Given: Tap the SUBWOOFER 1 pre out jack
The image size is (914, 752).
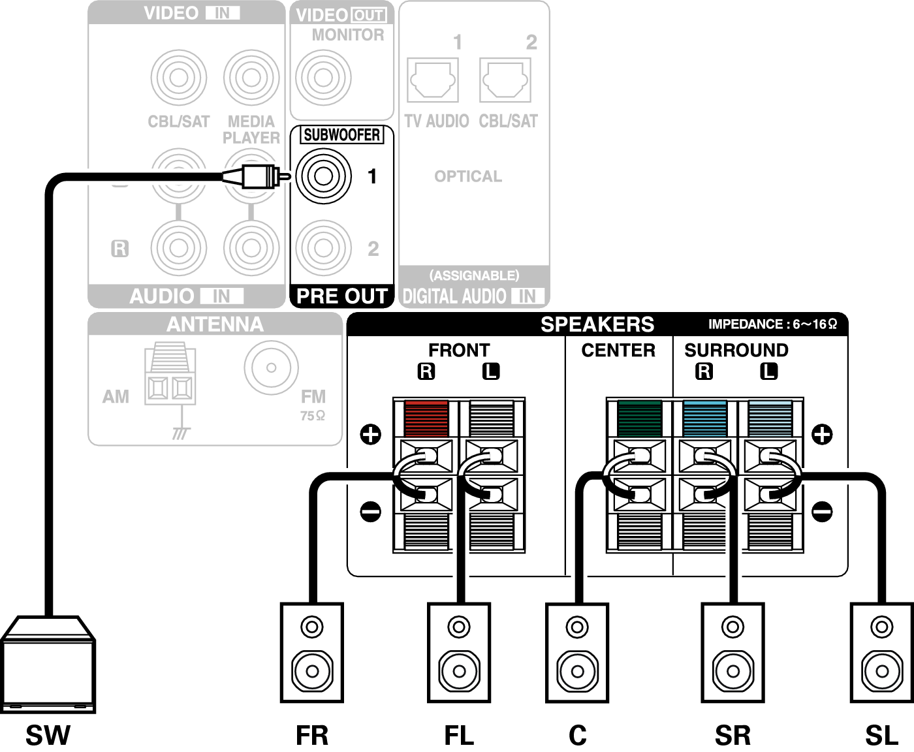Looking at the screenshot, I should [324, 176].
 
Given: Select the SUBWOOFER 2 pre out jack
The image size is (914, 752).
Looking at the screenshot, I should [324, 248].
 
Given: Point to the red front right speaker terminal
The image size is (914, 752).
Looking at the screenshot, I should [426, 418].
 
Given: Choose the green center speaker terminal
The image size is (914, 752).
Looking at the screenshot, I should [639, 418].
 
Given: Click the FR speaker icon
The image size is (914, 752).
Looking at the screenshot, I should [312, 652].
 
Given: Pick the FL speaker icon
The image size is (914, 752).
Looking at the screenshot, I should [459, 652].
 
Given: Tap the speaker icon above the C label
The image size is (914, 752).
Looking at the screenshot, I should [578, 652].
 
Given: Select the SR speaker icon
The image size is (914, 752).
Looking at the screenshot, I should [733, 652].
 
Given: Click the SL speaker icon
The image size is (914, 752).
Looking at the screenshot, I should [881, 652].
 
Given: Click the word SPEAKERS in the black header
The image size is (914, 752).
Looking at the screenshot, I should [597, 324].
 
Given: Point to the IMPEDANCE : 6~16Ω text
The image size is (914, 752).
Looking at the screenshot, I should [772, 324].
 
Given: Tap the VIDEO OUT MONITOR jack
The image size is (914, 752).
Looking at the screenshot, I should [323, 77].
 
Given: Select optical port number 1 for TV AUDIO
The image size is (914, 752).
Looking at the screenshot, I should [432, 80].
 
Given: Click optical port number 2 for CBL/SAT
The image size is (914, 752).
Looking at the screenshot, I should [505, 80].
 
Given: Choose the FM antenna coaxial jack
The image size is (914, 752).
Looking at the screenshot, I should [271, 368].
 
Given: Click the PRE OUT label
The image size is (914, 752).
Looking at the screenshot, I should [341, 296].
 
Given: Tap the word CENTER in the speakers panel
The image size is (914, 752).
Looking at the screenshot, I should [618, 351].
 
